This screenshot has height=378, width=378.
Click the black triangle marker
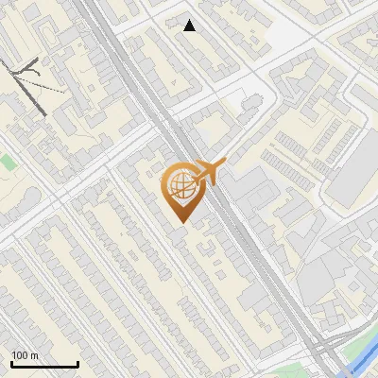click(190, 26)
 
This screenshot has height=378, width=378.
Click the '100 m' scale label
click(26, 355)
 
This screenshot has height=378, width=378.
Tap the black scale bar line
click(44, 364)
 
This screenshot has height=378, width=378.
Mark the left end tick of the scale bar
click(11, 363)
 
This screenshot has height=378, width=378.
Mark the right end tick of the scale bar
click(77, 363)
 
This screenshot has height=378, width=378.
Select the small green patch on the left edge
click(8, 163)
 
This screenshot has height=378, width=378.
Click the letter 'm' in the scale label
click(35, 355)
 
